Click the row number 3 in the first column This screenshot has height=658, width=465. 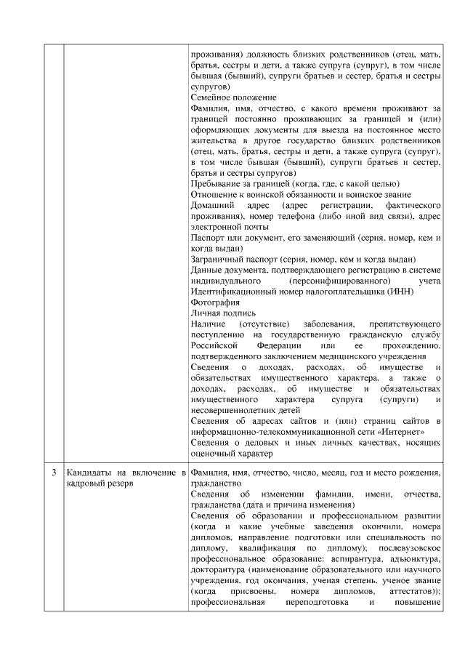pos(54,473)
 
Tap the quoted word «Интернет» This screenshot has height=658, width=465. pos(400,433)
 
